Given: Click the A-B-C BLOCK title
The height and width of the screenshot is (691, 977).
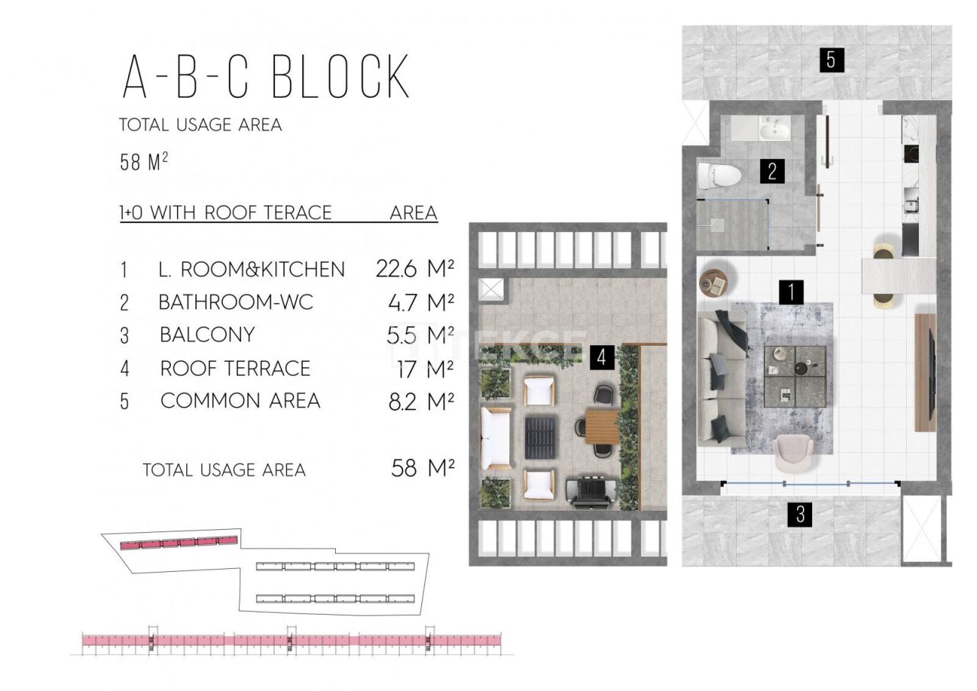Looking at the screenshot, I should coord(266,77).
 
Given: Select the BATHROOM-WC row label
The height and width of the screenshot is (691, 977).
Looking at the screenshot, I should coord(236,302).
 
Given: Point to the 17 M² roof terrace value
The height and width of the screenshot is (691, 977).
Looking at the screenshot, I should coord(421,368).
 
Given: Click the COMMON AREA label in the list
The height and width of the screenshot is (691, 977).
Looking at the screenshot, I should coord(240,401).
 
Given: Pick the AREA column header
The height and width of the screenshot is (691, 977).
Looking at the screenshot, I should coord(413,212).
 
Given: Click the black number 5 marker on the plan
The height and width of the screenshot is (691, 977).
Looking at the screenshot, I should coord(830,59).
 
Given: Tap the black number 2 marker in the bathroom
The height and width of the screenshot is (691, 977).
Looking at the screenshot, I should coord(772,171).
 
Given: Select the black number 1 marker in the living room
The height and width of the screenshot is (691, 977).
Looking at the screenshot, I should coord(792,291).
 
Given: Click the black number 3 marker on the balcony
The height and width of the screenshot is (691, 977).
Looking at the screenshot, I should coord(800,515).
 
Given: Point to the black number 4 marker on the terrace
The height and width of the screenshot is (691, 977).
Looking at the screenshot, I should coord(602,357).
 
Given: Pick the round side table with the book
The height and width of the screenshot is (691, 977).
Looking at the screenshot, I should coord(717,283).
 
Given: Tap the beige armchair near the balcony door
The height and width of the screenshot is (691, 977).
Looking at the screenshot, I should coord(795,454).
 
